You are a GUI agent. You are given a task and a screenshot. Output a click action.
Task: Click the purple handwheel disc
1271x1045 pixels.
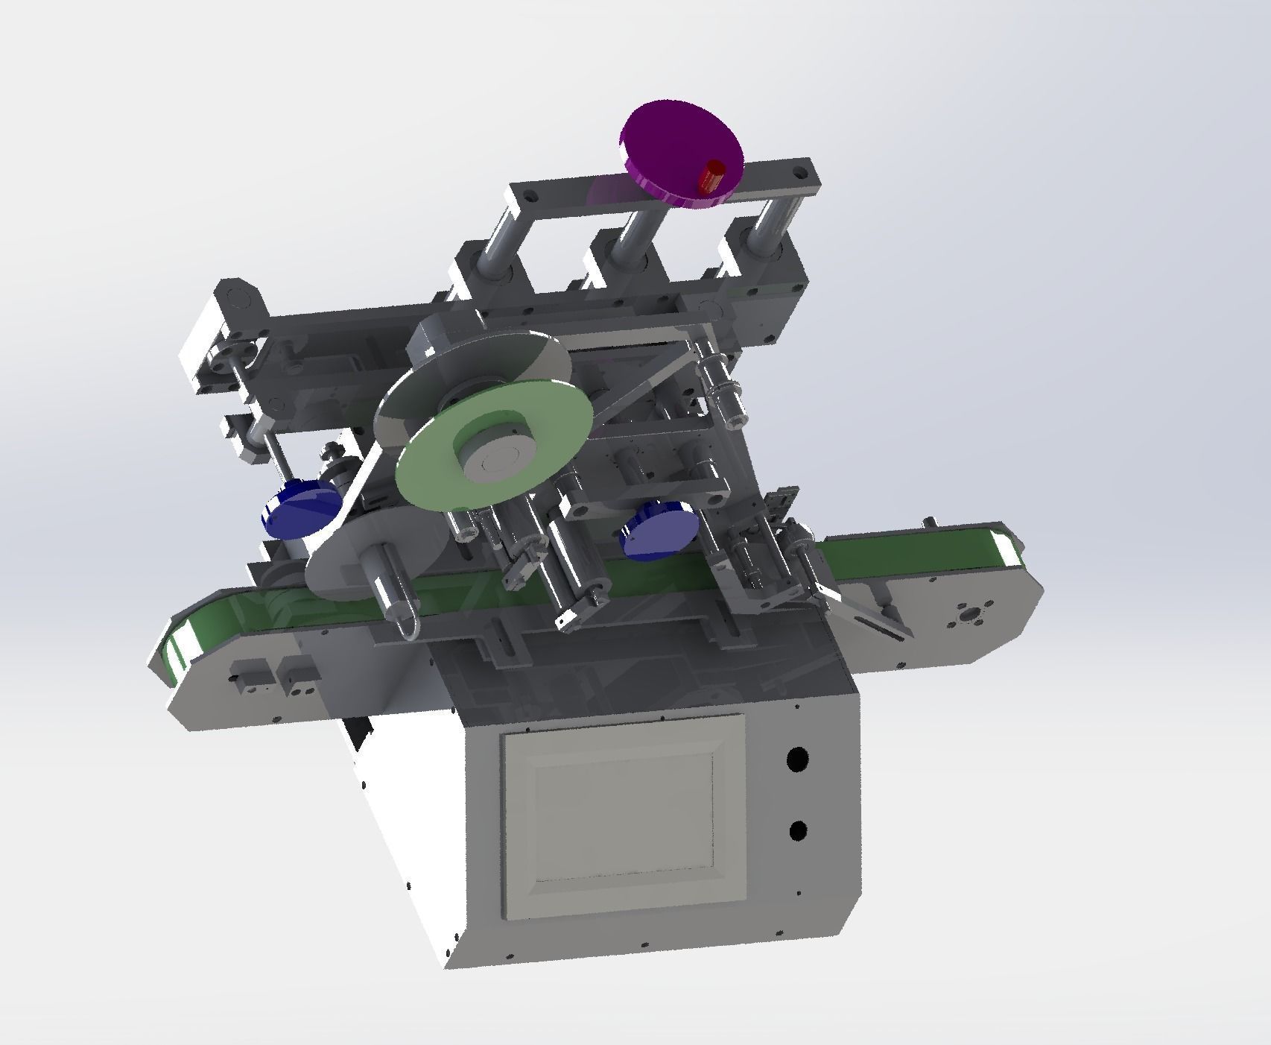[671, 142]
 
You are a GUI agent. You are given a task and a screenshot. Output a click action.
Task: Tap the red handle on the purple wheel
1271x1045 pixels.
[712, 177]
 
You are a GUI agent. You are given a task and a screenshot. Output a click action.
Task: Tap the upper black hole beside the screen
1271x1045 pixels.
[798, 760]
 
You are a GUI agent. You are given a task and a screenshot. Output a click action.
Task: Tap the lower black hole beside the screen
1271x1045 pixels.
[798, 830]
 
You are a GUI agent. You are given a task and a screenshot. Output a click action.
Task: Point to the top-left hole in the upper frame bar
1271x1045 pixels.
[530, 198]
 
